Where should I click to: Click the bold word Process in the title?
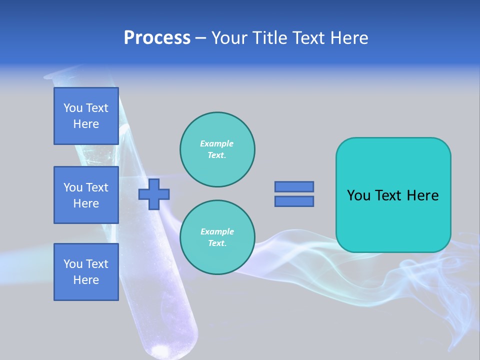tap(157, 38)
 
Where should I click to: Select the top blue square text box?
tap(86, 116)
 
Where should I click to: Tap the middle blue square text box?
tap(86, 195)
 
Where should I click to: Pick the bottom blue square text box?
tap(86, 272)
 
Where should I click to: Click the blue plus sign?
tap(154, 194)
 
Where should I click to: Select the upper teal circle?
tap(217, 149)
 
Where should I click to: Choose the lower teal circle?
tap(217, 237)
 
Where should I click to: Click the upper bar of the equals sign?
tap(294, 186)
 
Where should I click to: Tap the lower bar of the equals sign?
tap(294, 201)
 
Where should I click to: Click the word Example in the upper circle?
tap(216, 143)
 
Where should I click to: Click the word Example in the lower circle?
tap(217, 231)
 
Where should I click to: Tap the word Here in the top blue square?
tap(86, 124)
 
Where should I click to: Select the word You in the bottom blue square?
tap(73, 264)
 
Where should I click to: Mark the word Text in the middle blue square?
tap(97, 187)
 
